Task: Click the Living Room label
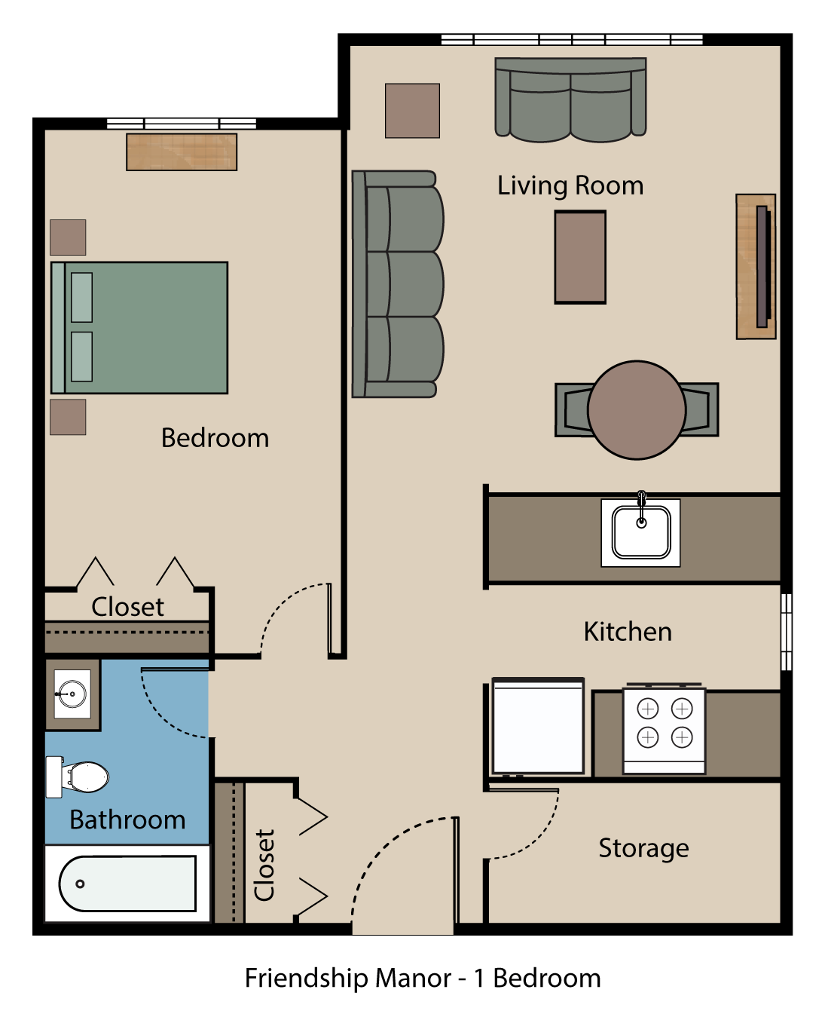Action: tap(570, 185)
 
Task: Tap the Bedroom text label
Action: tap(215, 438)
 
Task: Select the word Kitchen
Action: tap(628, 632)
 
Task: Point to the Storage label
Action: tap(643, 848)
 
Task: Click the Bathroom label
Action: tap(127, 819)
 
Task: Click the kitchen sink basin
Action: tap(641, 532)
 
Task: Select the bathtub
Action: tap(127, 884)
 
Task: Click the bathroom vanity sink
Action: tap(72, 694)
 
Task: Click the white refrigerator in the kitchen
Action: tap(538, 727)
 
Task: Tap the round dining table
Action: tap(637, 410)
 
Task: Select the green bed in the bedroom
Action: tap(140, 328)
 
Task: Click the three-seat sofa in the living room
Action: tap(398, 284)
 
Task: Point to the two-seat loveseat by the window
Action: tap(570, 100)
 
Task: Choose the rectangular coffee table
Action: tap(580, 257)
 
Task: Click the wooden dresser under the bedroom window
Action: tap(182, 152)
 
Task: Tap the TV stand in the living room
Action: tap(756, 267)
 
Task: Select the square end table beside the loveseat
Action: tap(412, 111)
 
